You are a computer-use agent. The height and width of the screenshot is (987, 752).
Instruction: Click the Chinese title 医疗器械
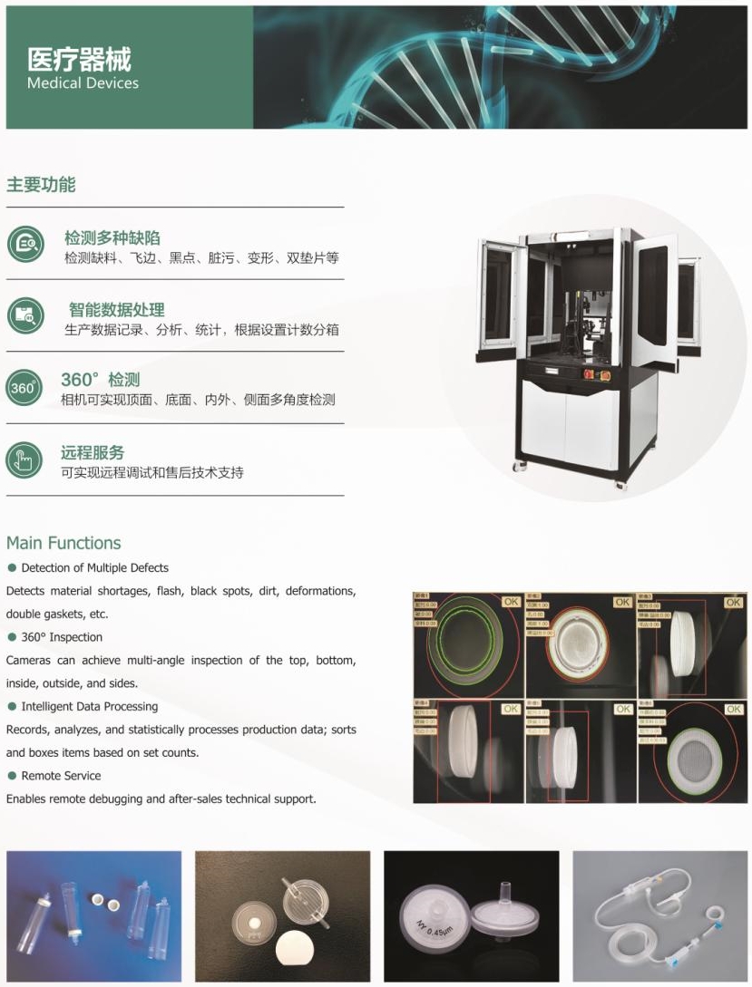tap(80, 59)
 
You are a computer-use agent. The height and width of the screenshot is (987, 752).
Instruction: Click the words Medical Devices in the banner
tap(83, 83)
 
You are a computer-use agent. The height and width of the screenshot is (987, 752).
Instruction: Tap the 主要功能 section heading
tap(41, 185)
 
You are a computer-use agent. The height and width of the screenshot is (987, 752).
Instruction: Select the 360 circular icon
tap(24, 388)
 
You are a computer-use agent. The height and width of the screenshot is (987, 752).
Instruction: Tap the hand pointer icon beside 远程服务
tap(24, 460)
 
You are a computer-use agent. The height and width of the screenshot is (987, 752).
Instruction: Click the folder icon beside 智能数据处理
tap(24, 315)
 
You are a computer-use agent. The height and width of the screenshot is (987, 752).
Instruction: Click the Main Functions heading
tap(63, 543)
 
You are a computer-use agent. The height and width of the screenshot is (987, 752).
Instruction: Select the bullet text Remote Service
tap(61, 776)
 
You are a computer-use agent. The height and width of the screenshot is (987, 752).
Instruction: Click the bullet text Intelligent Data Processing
tap(89, 706)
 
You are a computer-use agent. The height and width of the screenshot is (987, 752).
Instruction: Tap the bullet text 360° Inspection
tap(62, 637)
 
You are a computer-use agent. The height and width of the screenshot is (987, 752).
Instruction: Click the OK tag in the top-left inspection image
tap(511, 601)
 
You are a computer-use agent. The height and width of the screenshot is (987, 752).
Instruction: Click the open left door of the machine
tap(499, 298)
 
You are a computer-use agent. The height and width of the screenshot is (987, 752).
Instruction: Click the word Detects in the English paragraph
tap(25, 591)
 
